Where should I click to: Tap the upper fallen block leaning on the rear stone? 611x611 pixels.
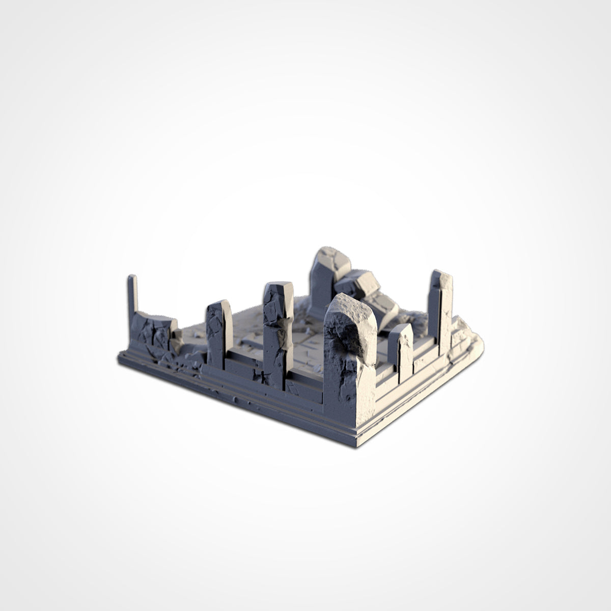tap(362, 283)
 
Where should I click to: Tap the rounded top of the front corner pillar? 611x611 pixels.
tap(349, 305)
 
